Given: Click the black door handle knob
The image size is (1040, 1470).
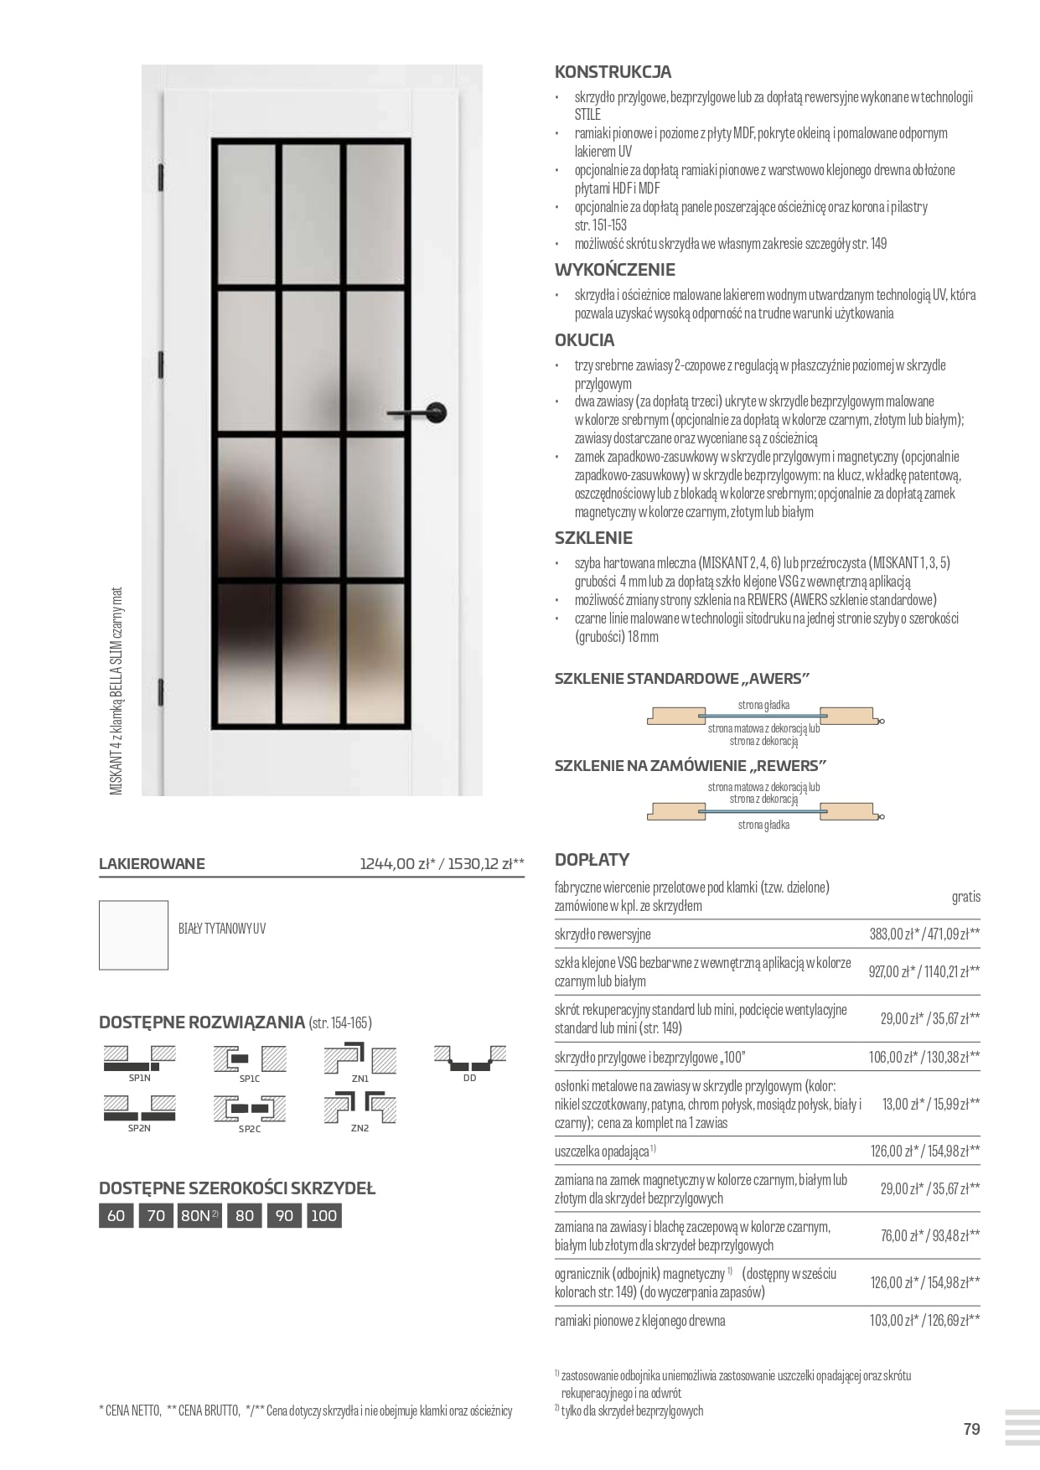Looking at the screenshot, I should point(437,411).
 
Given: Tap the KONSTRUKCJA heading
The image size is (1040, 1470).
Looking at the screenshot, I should point(613,72).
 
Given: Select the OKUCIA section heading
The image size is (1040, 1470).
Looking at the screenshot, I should point(584,340).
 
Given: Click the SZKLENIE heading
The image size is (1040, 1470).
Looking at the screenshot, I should point(593,538).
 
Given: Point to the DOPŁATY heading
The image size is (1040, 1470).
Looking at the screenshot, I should point(592,859).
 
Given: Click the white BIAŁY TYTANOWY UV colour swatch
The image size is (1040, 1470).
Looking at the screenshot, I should point(133,934).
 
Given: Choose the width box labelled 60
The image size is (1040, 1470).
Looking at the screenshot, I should point(116,1215).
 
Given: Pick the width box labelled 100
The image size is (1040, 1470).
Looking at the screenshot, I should point(323,1215).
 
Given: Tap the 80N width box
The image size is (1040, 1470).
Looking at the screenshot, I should point(199,1215).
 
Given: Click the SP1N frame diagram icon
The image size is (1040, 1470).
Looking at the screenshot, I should point(140,1059).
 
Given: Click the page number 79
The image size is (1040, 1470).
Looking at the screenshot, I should point(971,1429).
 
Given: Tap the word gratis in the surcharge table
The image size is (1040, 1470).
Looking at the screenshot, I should point(965,897).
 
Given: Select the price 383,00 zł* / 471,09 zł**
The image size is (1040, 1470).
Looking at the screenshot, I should point(924,934).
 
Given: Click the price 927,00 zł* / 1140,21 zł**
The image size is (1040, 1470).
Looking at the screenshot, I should point(924,971).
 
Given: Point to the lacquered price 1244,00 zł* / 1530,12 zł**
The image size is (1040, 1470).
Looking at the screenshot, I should point(442,864).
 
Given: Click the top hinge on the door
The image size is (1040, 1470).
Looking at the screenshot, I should point(160,178).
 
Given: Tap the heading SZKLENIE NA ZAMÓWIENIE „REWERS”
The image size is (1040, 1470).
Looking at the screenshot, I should point(691,765).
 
